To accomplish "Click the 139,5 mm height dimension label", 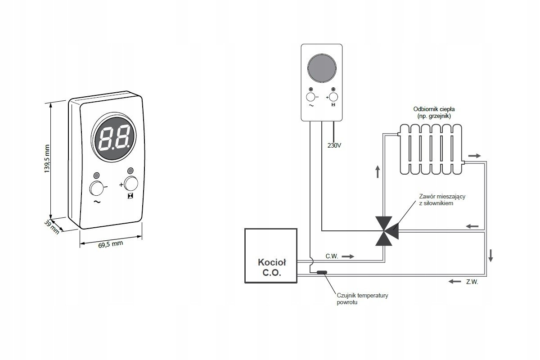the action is click(x=47, y=158).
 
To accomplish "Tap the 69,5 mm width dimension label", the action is click(x=111, y=244).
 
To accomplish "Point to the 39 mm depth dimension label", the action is click(x=52, y=227).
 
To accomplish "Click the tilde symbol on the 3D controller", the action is click(x=97, y=202).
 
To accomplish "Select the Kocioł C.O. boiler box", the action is click(x=271, y=256).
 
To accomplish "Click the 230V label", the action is click(x=334, y=145).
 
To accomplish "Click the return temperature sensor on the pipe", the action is click(x=322, y=272).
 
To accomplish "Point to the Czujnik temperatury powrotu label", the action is click(x=362, y=298).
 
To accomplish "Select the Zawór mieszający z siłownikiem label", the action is click(x=442, y=200).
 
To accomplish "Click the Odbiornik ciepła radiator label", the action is click(x=434, y=112).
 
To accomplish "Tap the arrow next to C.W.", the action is click(x=348, y=256).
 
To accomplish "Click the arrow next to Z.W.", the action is click(x=454, y=281).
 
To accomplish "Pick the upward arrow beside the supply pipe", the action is click(x=378, y=172).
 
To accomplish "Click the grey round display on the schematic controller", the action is click(x=322, y=68).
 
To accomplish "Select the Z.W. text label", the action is click(x=472, y=282).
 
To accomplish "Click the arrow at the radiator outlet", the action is click(x=474, y=156).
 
